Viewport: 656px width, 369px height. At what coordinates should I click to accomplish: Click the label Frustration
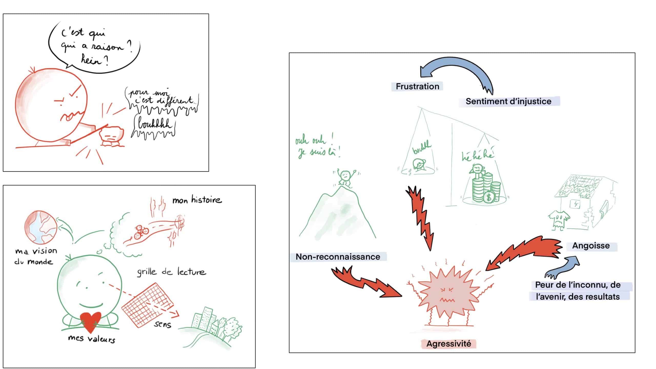417,86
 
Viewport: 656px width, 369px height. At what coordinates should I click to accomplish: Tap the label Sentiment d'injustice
508,101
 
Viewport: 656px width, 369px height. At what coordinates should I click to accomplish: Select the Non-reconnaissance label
338,257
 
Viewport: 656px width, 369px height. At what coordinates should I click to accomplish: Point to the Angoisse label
591,246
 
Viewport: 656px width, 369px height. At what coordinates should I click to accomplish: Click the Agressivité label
449,344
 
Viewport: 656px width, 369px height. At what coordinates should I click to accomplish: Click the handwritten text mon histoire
197,200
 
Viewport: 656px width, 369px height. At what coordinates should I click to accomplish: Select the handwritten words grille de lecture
171,272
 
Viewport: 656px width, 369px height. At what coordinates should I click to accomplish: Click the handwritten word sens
162,324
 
